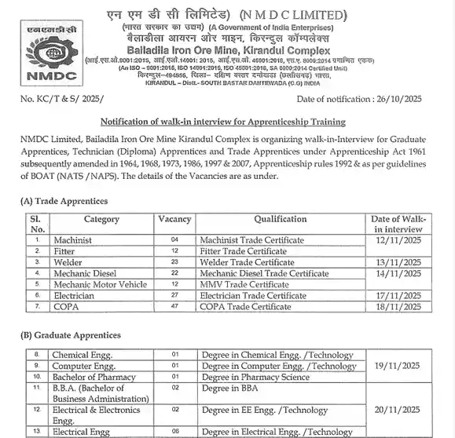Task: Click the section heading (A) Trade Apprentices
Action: [64, 202]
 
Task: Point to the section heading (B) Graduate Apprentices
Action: [71, 335]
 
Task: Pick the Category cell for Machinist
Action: [72, 239]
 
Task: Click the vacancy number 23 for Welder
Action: [174, 262]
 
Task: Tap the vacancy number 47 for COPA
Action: [174, 307]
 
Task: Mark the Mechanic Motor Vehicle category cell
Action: [100, 284]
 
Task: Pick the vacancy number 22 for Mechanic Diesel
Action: [174, 273]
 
